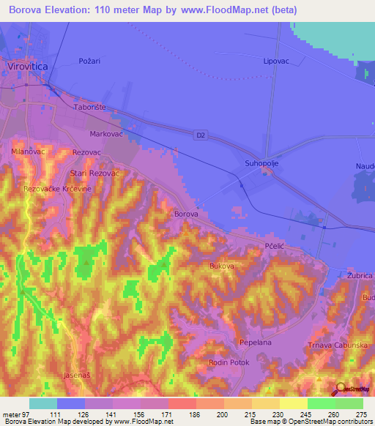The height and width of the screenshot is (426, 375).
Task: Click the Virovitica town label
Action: (x=26, y=66)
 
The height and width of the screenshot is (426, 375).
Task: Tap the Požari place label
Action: (x=89, y=61)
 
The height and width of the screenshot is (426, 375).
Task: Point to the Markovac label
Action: (x=103, y=135)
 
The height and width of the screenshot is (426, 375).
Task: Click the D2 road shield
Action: (x=201, y=135)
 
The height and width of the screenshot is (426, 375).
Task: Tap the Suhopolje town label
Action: (x=262, y=164)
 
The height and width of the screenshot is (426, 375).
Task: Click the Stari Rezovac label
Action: (x=94, y=173)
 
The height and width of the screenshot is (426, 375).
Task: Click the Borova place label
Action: (x=186, y=214)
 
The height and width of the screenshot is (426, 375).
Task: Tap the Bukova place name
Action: (x=222, y=266)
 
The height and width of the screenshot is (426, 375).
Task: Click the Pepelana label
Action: (x=256, y=343)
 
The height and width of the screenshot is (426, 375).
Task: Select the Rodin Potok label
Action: (x=229, y=362)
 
